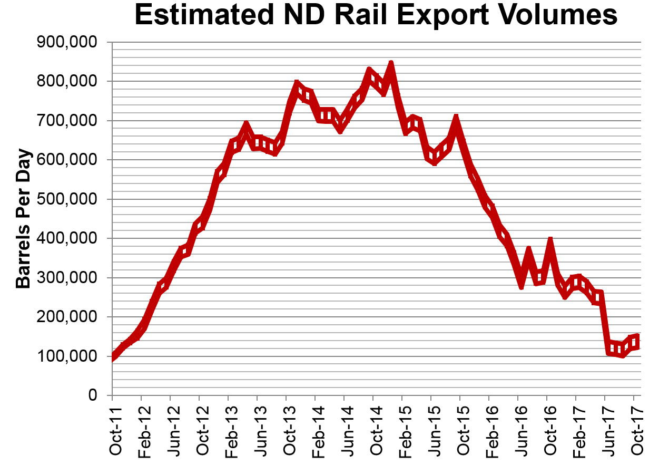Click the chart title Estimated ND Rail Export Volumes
[376, 16]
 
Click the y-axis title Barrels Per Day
[24, 219]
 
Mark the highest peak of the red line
[391, 65]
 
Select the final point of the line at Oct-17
[635, 340]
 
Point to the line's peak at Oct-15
[456, 119]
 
